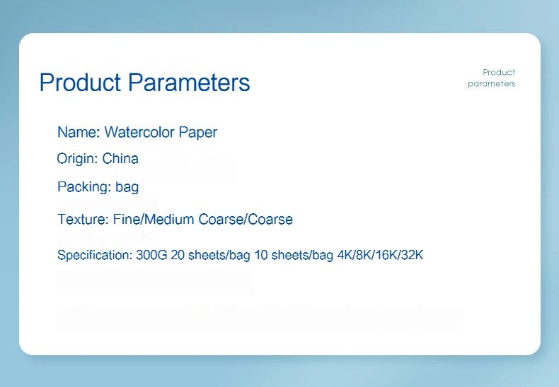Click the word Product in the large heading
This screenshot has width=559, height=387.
point(80,82)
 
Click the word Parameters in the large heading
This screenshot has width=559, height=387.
point(189,82)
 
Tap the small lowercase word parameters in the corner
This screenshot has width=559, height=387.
point(491,84)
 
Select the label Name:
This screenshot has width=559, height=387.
point(79,132)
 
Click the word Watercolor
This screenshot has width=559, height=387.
point(139,132)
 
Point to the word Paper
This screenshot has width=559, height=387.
point(198,133)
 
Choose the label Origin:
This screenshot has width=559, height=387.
point(78,159)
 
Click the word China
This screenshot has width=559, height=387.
point(120,159)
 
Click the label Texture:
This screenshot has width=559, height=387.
point(83,220)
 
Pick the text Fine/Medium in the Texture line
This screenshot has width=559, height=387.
point(154,220)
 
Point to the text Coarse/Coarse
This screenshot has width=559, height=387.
point(246,220)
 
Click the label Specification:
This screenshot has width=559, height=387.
point(95,256)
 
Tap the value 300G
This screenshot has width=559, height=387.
point(151,255)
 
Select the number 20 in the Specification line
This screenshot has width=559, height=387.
point(178,255)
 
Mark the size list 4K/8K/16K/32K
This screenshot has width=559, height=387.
point(381,255)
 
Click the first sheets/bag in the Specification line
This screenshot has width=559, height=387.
point(219,256)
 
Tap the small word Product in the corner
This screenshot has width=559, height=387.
point(499,73)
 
